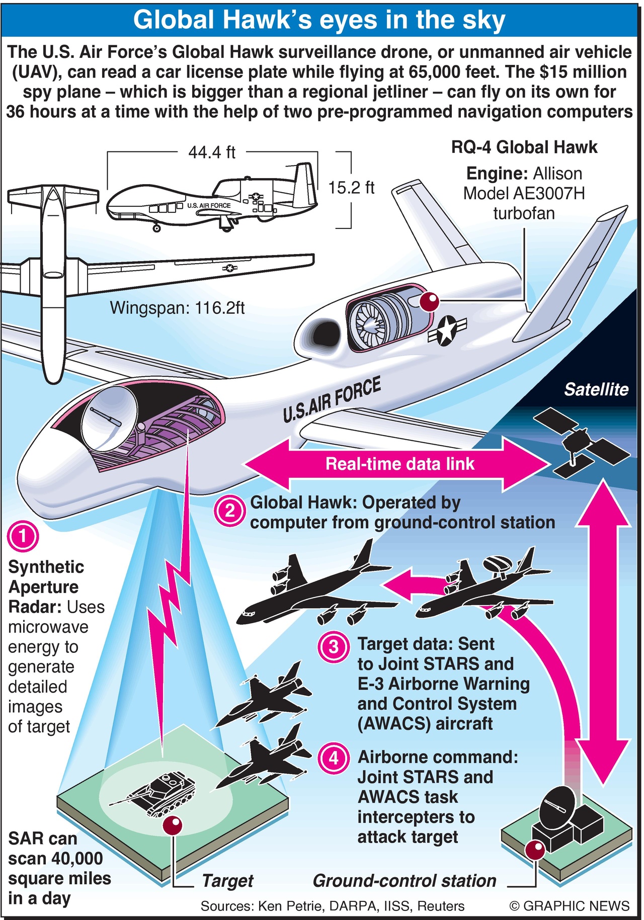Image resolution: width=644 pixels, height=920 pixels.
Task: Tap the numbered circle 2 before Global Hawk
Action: [230, 511]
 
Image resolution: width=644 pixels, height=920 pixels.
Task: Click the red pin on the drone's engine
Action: [430, 302]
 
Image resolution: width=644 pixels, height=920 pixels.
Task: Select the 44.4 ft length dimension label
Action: [212, 152]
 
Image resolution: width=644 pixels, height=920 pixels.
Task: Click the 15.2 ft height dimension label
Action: [351, 188]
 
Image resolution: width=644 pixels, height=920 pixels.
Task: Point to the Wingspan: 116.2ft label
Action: [177, 308]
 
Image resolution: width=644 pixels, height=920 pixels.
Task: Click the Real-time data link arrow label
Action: [399, 463]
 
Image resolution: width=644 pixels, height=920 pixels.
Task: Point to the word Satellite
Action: [596, 389]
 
